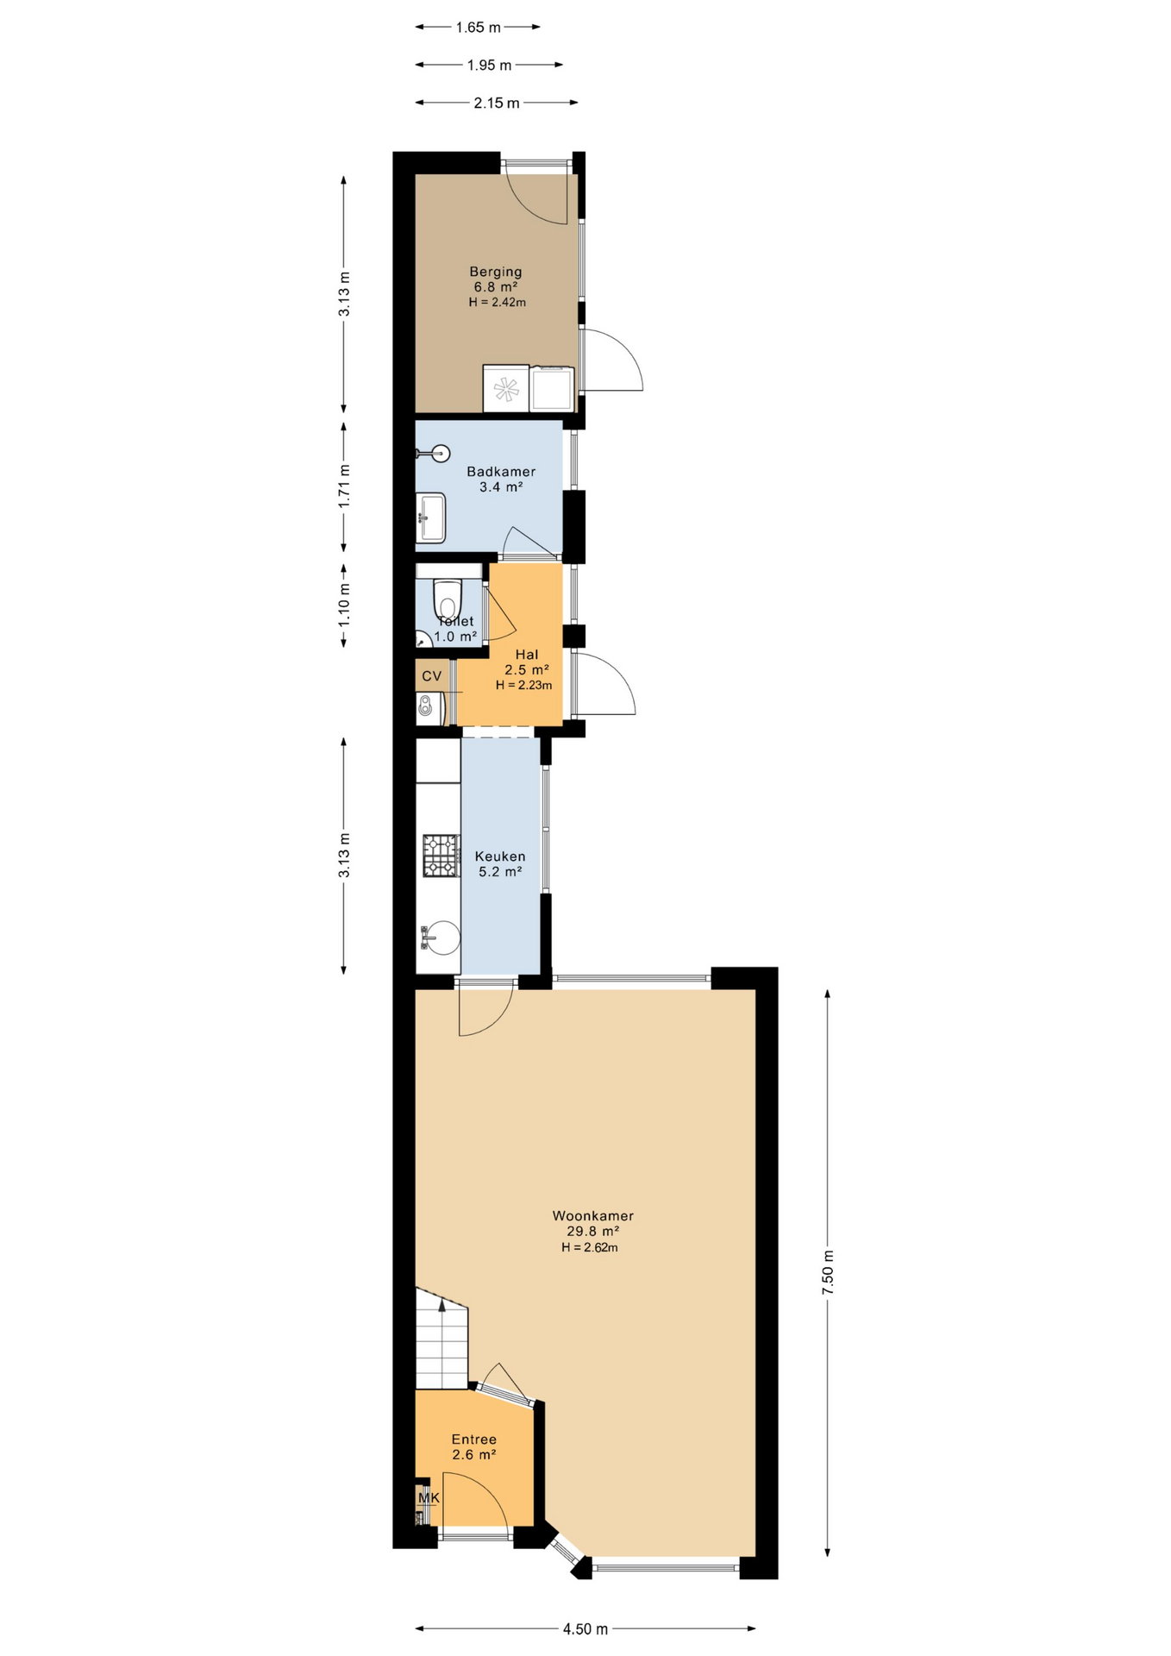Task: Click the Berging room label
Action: point(496,272)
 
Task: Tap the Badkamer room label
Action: point(501,472)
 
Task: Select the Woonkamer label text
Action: point(593,1216)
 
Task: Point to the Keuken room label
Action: point(500,856)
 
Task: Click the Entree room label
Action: point(474,1440)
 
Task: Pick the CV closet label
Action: point(432,676)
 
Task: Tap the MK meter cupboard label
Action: point(429,1498)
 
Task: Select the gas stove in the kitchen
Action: point(441,856)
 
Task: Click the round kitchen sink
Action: point(443,938)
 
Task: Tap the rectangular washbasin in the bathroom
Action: point(430,517)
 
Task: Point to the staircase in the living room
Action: point(441,1339)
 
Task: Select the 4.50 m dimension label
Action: point(585,1629)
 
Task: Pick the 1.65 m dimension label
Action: point(479,28)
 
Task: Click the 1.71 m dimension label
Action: point(344,486)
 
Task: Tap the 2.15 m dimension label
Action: point(497,103)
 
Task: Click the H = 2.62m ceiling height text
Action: point(590,1247)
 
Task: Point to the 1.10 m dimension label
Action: point(344,605)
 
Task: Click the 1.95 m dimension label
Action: point(490,66)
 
